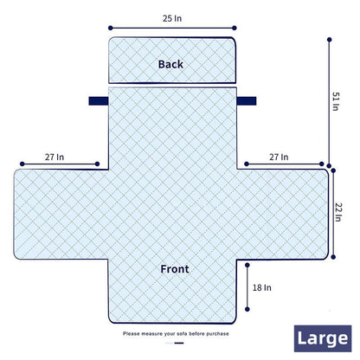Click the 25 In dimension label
pos(172,18)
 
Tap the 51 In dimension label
pos(336,101)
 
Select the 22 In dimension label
pos(338,212)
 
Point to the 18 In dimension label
pos(262,287)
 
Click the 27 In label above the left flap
pos(55,157)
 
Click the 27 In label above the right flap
pos(279,157)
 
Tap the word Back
pos(170,64)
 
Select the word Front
pos(175,269)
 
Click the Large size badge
pos(323,338)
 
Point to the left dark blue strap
pos(99,101)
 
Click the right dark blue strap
pos(247,101)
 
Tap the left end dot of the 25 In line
pos(111,28)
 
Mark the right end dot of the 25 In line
pos(235,28)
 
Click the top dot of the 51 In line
pos(329,40)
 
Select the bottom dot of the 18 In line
pos(247,309)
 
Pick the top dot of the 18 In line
pos(247,265)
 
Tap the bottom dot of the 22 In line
pos(333,257)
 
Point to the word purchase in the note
pos(218,334)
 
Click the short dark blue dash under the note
pos(179,343)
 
